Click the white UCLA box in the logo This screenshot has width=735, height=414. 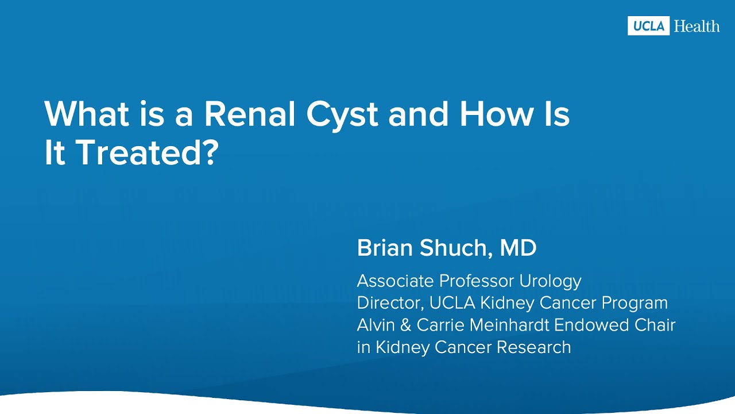click(648, 26)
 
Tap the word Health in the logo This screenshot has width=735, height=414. click(697, 26)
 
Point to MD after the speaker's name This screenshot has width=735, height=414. click(518, 248)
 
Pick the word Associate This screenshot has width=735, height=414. click(396, 281)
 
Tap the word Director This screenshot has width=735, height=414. click(383, 303)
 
